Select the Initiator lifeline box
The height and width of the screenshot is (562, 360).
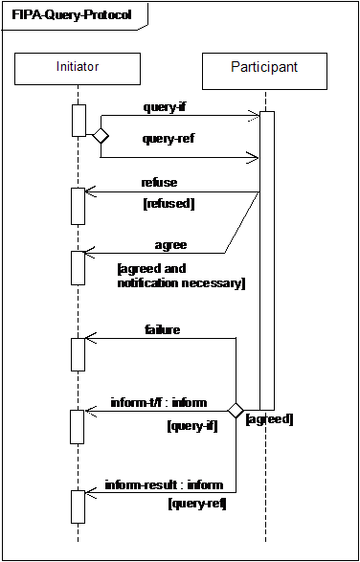click(78, 67)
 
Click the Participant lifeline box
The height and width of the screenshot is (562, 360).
click(264, 68)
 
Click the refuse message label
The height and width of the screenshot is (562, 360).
click(159, 182)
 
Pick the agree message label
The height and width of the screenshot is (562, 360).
click(170, 245)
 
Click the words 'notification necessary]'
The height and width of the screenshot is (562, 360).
click(182, 283)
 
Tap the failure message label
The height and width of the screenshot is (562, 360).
click(163, 329)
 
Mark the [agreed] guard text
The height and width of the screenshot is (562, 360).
click(270, 419)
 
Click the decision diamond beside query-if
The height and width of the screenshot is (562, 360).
click(100, 136)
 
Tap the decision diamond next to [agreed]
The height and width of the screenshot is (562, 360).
click(236, 411)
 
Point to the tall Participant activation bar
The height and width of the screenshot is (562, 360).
click(267, 259)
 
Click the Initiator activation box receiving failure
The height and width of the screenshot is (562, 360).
click(79, 352)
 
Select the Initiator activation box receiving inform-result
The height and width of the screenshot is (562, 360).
click(79, 506)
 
